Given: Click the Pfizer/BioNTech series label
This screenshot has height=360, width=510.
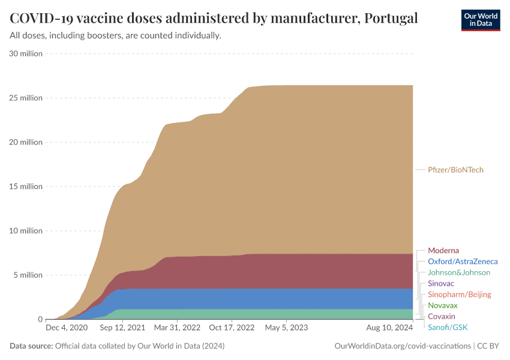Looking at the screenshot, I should (x=455, y=170).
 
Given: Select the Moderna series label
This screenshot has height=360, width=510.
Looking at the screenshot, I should (x=443, y=250).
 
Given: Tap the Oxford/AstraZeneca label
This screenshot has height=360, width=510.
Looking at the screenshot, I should (x=463, y=262).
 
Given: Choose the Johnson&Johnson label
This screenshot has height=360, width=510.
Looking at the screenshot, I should (x=459, y=272).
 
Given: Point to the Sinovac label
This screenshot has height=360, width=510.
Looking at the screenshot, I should (x=441, y=283).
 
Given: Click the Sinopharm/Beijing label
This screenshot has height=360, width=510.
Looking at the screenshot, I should (x=459, y=295).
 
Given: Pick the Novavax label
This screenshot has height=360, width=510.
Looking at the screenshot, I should (x=443, y=305).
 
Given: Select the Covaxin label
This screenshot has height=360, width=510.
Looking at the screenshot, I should (x=442, y=316).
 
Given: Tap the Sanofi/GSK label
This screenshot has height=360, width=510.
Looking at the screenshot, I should (x=447, y=327).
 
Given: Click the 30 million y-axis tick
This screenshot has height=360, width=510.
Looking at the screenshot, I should (x=26, y=53).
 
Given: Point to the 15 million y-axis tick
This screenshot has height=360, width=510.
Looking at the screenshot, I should (x=26, y=187).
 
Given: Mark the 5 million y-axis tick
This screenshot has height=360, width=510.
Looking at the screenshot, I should (x=28, y=275).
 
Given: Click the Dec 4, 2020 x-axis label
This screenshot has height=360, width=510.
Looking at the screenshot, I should (x=67, y=328).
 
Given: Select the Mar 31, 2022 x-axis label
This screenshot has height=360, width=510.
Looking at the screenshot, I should (x=177, y=328).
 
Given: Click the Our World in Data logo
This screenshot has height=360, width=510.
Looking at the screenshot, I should (x=481, y=20).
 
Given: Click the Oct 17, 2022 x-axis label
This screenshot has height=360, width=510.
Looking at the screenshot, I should (x=231, y=328).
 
